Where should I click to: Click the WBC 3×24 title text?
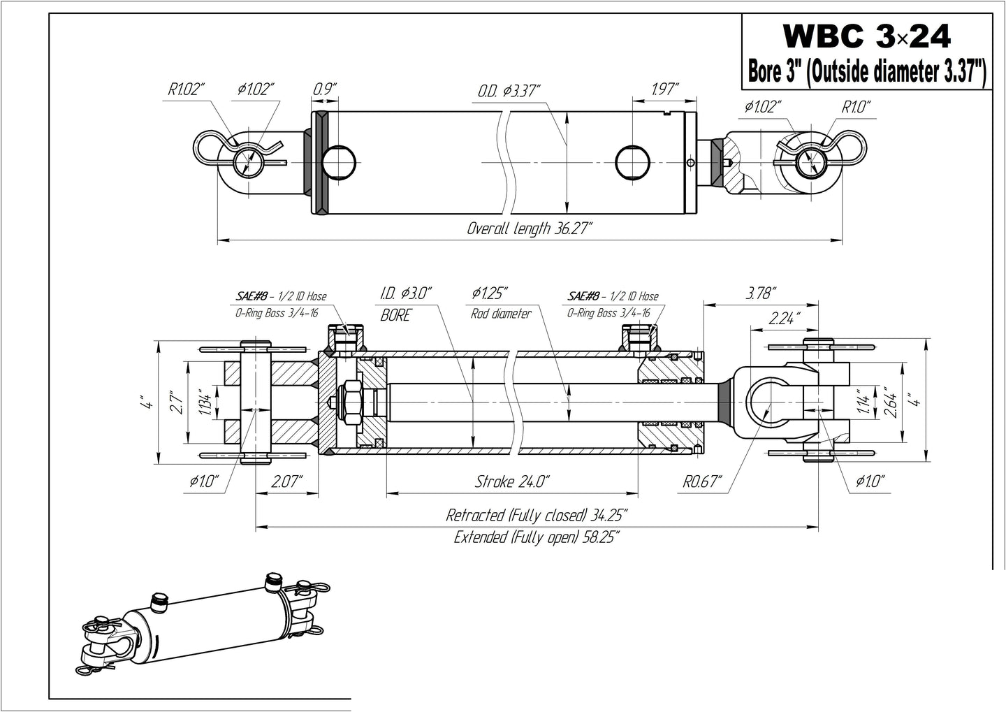[866, 36]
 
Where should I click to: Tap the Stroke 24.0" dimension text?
[512, 481]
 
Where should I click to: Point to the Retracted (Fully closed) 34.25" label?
[537, 516]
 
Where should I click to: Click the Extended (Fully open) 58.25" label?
[537, 537]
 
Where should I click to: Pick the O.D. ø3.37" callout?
[509, 91]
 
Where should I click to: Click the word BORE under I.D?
[395, 315]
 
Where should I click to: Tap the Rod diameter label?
[501, 314]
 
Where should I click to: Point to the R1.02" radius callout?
[186, 89]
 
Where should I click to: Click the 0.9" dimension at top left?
[324, 89]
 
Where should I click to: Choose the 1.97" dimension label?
[664, 89]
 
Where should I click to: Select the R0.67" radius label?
[701, 481]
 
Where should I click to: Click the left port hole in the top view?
[340, 161]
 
